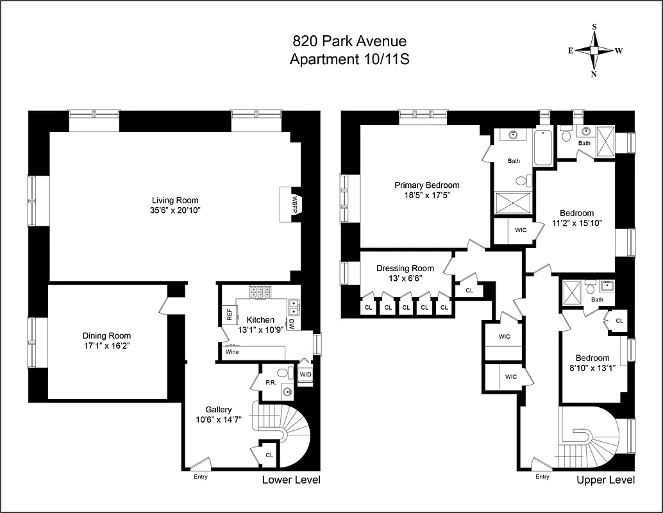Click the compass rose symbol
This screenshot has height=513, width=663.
click(x=594, y=51)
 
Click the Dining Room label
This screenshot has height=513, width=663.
click(x=106, y=335)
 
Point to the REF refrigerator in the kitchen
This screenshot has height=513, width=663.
click(x=229, y=314)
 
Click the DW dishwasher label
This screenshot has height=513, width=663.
click(x=291, y=324)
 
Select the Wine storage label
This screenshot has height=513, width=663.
click(x=231, y=352)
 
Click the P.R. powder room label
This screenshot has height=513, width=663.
click(x=271, y=382)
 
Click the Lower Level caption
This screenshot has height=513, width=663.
click(x=290, y=480)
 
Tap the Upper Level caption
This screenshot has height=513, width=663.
click(x=605, y=480)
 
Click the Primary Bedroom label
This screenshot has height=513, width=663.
click(x=426, y=185)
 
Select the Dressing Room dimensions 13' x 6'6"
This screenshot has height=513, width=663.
click(x=405, y=278)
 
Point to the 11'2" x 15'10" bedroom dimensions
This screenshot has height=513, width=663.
click(x=576, y=223)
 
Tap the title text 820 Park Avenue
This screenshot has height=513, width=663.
click(x=349, y=42)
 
